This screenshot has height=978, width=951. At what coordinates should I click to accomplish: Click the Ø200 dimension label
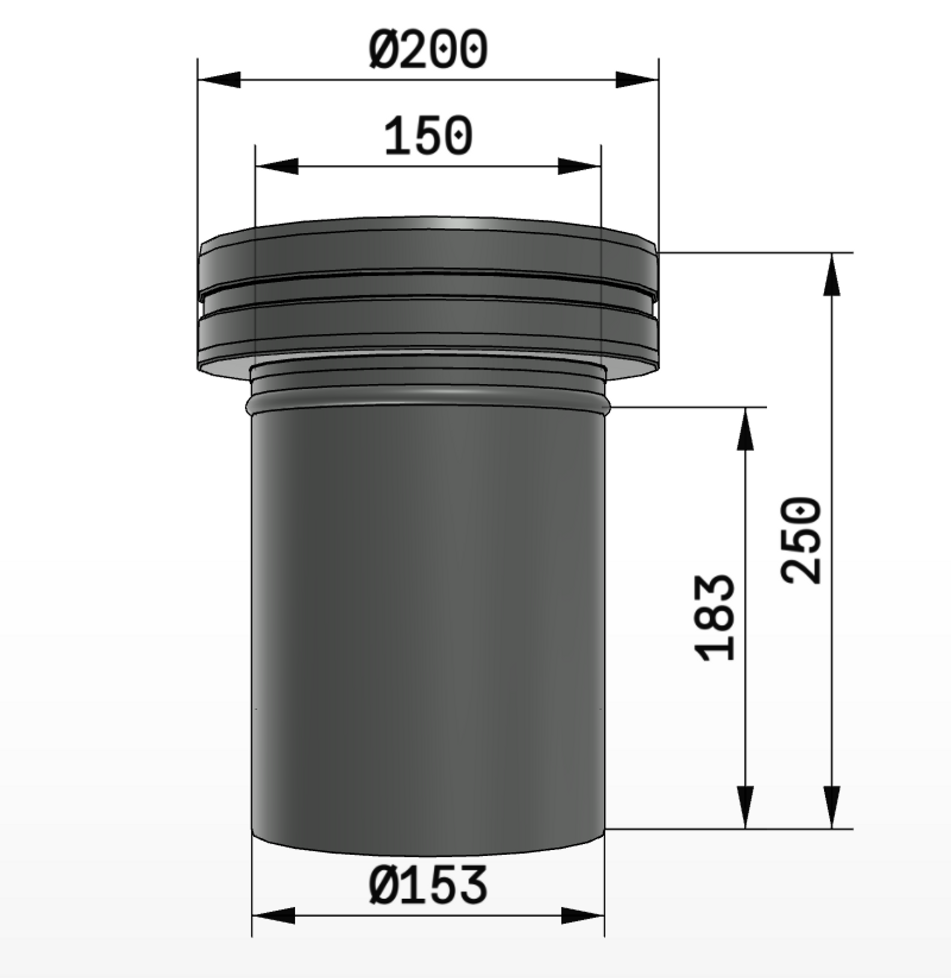pos(428,49)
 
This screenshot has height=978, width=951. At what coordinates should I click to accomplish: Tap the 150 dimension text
pos(428,135)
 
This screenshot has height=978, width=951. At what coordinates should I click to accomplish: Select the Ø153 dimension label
pos(428,885)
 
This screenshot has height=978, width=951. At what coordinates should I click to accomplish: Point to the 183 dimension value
pos(715,618)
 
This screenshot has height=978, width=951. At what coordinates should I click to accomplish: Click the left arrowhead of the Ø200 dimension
pos(219,79)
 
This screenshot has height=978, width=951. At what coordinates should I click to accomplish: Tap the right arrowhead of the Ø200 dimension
pos(637,79)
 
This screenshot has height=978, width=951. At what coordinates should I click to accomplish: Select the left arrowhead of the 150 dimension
pos(277,166)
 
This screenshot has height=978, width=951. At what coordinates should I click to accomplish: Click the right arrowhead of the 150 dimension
pos(579,166)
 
